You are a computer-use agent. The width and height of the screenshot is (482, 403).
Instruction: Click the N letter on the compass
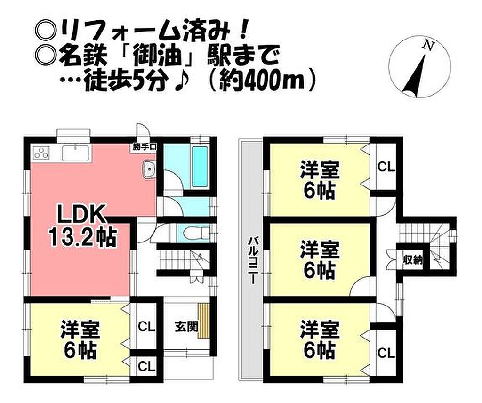(x=428, y=46)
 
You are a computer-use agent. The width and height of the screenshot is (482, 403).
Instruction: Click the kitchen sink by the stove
(x=76, y=153)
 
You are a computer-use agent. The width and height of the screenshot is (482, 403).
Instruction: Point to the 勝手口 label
(x=144, y=147)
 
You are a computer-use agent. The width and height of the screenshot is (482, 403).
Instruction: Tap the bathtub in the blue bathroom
(x=200, y=166)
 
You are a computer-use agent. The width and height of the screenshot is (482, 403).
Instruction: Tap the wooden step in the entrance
(x=203, y=321)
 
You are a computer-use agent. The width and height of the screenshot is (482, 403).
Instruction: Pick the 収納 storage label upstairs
(x=413, y=260)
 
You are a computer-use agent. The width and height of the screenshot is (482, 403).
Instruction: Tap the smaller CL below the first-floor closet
(x=147, y=366)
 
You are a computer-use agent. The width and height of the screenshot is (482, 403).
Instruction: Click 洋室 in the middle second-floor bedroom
(x=320, y=250)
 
